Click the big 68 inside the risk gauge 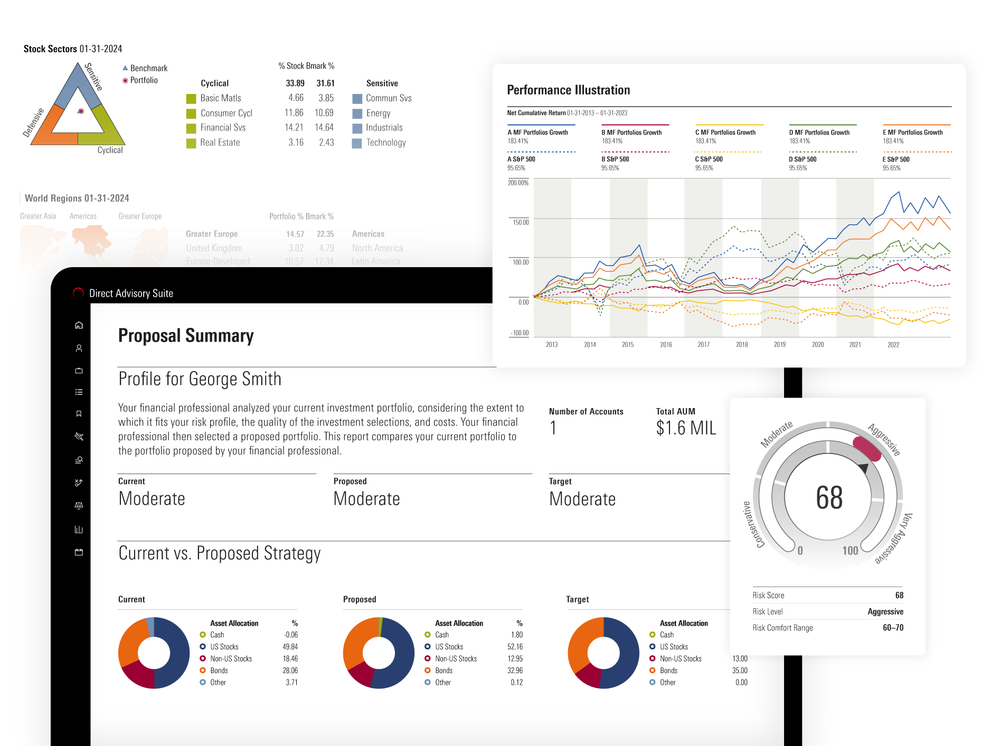pyautogui.click(x=829, y=498)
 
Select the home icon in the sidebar pyautogui.click(x=79, y=325)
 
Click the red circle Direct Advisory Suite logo pyautogui.click(x=79, y=293)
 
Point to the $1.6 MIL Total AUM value pyautogui.click(x=686, y=428)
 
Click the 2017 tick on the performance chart pyautogui.click(x=703, y=345)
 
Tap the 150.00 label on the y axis pyautogui.click(x=521, y=222)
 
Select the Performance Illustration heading pyautogui.click(x=568, y=90)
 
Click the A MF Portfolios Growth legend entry pyautogui.click(x=537, y=133)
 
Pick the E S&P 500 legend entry pyautogui.click(x=896, y=159)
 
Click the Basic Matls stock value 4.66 pyautogui.click(x=296, y=98)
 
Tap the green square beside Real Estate pyautogui.click(x=191, y=143)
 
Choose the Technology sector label pyautogui.click(x=386, y=143)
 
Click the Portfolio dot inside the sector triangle pyautogui.click(x=81, y=111)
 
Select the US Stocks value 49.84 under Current pyautogui.click(x=290, y=647)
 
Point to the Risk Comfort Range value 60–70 pyautogui.click(x=893, y=628)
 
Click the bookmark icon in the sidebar pyautogui.click(x=79, y=414)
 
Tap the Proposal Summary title pyautogui.click(x=186, y=336)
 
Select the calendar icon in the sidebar pyautogui.click(x=79, y=552)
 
